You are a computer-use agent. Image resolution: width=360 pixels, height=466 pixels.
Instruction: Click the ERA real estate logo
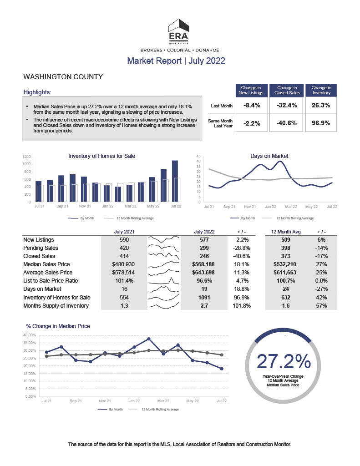coord(179,31)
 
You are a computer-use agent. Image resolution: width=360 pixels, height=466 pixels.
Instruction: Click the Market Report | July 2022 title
coord(176,61)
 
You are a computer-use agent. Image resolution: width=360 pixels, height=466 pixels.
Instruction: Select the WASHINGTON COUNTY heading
coord(63,76)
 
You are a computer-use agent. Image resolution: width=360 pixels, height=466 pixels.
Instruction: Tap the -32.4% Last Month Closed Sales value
coord(287,105)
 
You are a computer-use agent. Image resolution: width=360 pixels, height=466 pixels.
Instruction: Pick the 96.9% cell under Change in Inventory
coord(321,123)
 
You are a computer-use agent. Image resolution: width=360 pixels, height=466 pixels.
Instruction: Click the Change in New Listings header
coord(251,90)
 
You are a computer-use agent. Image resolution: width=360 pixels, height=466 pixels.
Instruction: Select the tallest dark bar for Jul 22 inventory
coord(175,181)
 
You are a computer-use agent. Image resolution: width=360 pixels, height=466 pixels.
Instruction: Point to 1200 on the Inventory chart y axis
coord(26,157)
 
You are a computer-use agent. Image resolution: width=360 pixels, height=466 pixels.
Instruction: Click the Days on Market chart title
coord(269,156)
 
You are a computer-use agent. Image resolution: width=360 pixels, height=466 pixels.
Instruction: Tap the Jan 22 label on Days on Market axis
coord(270,207)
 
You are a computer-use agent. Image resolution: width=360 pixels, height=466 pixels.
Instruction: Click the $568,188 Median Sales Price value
coord(203,264)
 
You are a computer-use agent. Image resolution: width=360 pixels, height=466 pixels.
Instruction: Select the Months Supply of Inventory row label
coord(56,305)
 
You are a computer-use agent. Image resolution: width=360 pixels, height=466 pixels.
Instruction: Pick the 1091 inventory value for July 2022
coord(204,298)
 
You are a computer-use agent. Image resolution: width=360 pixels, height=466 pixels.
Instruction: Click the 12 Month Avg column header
coord(286,232)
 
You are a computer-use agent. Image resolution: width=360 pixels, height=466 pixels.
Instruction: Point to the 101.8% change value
coord(242,305)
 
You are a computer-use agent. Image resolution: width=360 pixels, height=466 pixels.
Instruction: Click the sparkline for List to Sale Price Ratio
coord(164,281)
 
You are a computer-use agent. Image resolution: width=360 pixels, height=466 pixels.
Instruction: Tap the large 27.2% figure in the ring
coord(284,361)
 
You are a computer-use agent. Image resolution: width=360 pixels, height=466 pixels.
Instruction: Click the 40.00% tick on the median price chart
coord(30,335)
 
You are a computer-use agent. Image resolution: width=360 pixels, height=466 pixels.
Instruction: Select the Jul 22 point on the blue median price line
coord(222,369)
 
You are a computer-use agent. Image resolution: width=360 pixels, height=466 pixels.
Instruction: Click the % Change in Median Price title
coord(58,326)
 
